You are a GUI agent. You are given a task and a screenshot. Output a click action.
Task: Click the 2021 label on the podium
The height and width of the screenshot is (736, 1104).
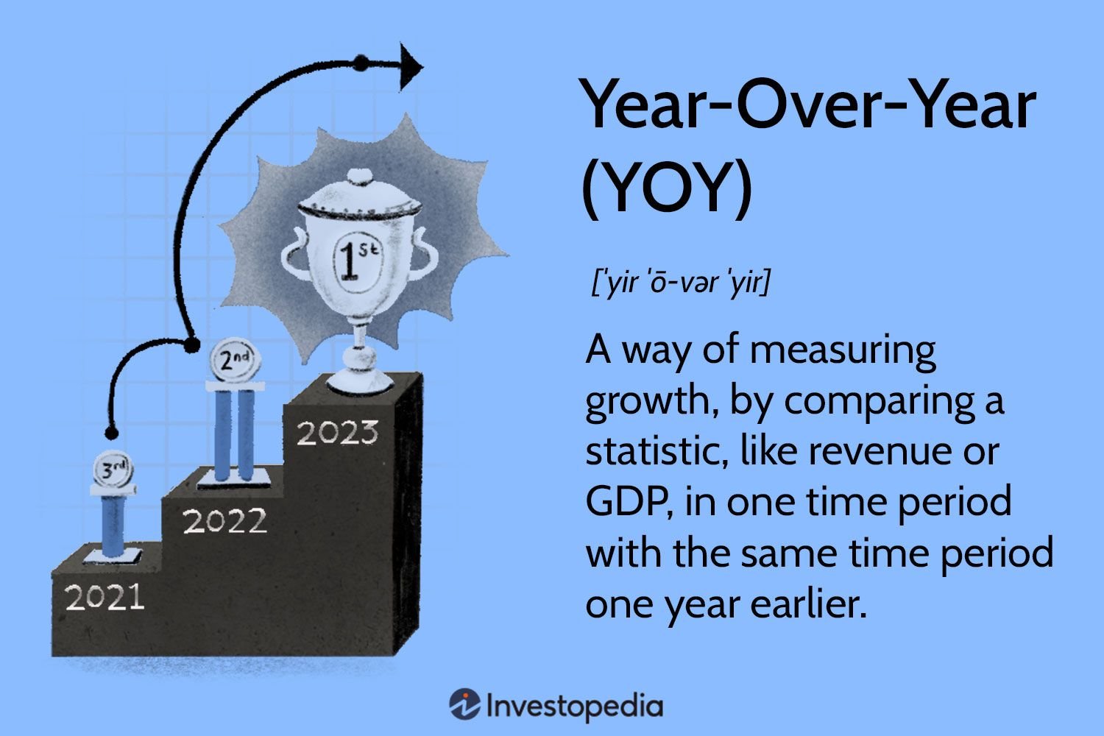105,597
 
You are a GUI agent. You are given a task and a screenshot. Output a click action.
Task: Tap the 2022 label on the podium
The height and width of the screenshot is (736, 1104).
224,520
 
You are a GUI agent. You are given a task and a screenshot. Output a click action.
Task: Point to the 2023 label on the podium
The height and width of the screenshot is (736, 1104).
338,432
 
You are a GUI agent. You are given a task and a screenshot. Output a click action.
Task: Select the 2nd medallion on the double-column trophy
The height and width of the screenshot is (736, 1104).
235,358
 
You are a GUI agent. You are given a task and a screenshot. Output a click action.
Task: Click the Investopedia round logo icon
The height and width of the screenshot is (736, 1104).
464,704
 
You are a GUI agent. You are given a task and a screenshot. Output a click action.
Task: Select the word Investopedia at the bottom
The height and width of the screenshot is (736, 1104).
575,706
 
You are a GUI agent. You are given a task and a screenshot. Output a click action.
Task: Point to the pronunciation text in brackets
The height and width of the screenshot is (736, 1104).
680,283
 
